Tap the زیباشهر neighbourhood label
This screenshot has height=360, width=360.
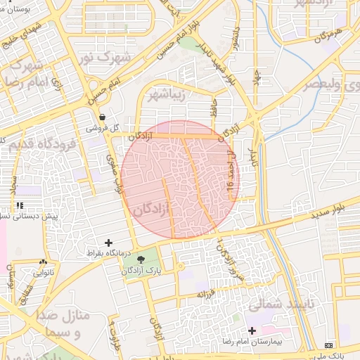point(168,96)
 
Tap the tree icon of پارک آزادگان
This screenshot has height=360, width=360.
point(141,259)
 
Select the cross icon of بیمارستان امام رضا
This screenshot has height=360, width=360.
point(252,330)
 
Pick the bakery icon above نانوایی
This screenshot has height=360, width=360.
point(44,262)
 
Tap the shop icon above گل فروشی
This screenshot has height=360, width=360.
point(103,117)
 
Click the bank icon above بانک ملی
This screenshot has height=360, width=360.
point(329,345)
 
